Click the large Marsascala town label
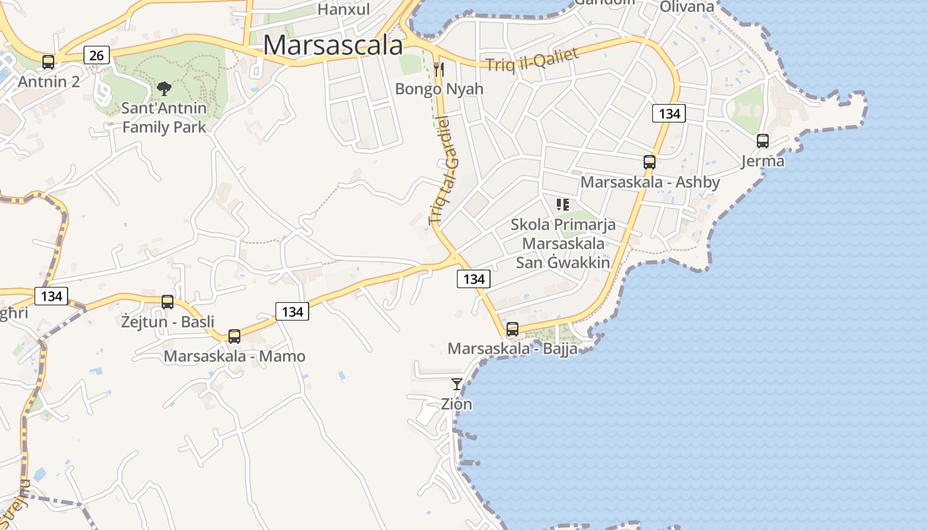click(x=333, y=45)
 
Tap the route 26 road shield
click(x=97, y=55)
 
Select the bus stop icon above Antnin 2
click(x=48, y=62)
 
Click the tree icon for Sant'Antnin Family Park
click(x=164, y=88)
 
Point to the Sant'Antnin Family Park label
click(x=164, y=117)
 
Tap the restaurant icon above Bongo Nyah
click(x=438, y=69)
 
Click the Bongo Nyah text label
click(x=439, y=89)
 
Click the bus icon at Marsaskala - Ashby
click(x=650, y=162)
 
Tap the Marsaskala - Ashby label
click(x=650, y=182)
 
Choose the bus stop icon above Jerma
click(x=763, y=140)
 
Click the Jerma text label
click(x=763, y=161)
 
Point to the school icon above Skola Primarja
click(x=563, y=204)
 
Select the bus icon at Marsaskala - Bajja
click(x=512, y=329)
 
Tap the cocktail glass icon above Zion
click(x=457, y=384)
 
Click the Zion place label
click(x=457, y=403)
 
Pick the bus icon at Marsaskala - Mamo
click(x=234, y=336)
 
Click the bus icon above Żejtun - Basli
click(x=168, y=301)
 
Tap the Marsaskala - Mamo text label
click(x=234, y=356)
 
